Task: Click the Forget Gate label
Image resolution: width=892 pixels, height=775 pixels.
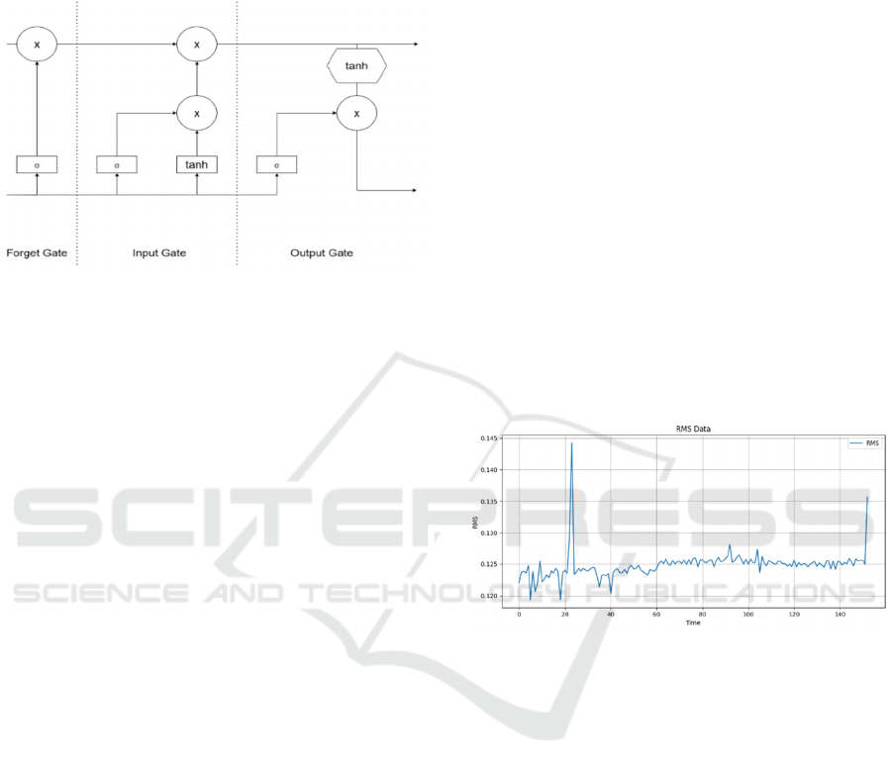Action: (x=37, y=253)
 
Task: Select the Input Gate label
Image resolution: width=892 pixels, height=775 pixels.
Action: (x=159, y=253)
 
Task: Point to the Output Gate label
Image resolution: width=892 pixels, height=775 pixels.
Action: (x=321, y=253)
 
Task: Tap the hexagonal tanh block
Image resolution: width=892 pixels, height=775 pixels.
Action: (x=355, y=67)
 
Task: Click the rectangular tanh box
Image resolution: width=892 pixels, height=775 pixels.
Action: (x=197, y=164)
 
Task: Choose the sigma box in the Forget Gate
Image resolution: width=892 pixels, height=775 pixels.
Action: (x=37, y=164)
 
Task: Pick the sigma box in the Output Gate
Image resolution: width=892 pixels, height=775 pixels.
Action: (x=276, y=164)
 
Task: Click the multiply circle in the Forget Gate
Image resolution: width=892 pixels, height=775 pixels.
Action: (x=37, y=44)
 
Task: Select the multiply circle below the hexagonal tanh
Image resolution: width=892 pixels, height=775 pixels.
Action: (x=355, y=114)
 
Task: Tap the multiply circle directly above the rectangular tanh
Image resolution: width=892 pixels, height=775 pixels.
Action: (x=197, y=114)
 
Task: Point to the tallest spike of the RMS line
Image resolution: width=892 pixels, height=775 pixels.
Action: (x=571, y=443)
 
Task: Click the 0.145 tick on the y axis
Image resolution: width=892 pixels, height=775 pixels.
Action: (x=489, y=438)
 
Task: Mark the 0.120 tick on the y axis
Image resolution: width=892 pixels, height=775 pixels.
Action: (x=489, y=596)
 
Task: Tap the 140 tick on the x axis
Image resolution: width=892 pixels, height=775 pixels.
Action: (x=840, y=615)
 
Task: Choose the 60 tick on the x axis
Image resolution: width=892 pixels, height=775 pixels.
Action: (x=655, y=615)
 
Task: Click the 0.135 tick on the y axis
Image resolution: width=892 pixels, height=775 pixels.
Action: (x=489, y=502)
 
